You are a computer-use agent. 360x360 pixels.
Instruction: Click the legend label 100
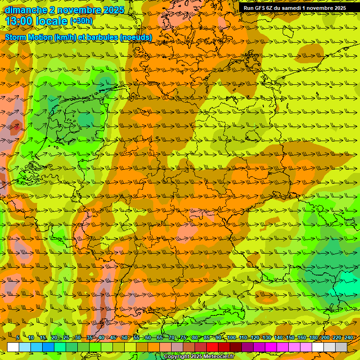pyautogui.click(x=232, y=337)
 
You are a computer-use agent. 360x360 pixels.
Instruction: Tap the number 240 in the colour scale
pyautogui.click(x=349, y=337)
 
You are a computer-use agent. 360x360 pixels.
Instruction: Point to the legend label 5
pyautogui.click(x=17, y=337)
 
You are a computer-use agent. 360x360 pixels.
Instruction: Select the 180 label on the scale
pyautogui.click(x=313, y=337)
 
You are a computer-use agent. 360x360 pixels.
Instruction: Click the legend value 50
pyautogui.click(x=125, y=337)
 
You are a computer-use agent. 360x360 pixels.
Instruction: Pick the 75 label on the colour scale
pyautogui.click(x=183, y=337)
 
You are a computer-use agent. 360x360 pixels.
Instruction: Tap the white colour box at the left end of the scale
pyautogui.click(x=13, y=347)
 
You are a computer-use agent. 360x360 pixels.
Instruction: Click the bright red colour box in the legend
pyautogui.click(x=212, y=347)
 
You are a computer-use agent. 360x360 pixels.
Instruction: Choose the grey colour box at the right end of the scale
pyautogui.click(x=341, y=347)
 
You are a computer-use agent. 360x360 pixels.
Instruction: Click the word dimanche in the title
pyautogui.click(x=24, y=10)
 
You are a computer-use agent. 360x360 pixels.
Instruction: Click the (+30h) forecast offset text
pyautogui.click(x=81, y=21)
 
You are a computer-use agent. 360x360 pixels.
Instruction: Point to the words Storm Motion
pyautogui.click(x=29, y=37)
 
